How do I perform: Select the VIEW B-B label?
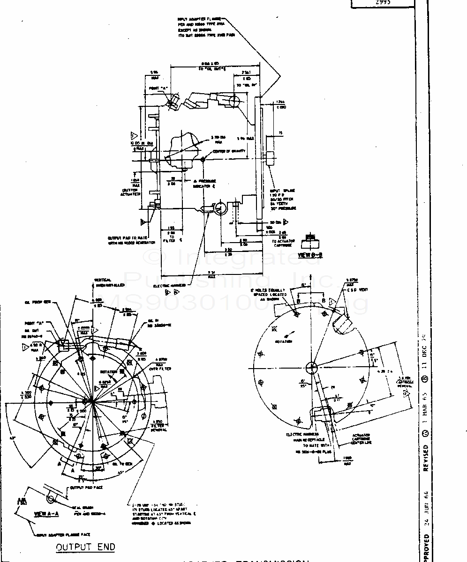(x=310, y=255)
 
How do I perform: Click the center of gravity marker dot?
(x=203, y=159)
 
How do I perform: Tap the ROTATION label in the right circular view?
(x=284, y=341)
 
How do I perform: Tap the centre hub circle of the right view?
(x=312, y=366)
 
